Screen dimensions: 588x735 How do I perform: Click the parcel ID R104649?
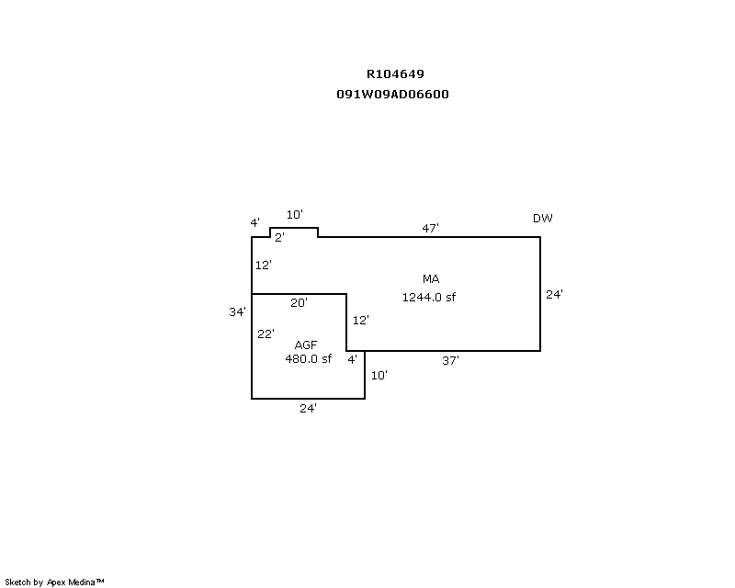[395, 74]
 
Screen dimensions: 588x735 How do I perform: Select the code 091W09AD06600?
[393, 95]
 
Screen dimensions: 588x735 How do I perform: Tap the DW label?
[543, 219]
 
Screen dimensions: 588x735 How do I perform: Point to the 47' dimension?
[431, 228]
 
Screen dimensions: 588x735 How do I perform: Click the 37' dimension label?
[450, 361]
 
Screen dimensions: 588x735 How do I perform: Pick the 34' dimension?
[237, 312]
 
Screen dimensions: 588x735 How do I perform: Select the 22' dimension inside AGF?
[266, 334]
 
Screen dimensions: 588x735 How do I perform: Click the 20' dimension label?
[299, 302]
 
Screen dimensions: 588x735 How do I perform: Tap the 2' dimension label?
[279, 237]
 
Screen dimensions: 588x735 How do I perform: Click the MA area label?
[431, 278]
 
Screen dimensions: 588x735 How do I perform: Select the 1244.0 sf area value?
[429, 297]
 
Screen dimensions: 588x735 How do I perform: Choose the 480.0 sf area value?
[308, 359]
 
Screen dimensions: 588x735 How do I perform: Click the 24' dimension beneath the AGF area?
[308, 409]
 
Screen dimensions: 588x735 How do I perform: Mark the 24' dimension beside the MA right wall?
[554, 295]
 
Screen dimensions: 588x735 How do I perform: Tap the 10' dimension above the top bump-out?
[294, 215]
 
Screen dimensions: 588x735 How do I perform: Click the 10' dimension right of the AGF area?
[379, 375]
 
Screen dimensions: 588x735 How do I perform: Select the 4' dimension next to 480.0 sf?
[352, 360]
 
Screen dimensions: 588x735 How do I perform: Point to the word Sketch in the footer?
[17, 582]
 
